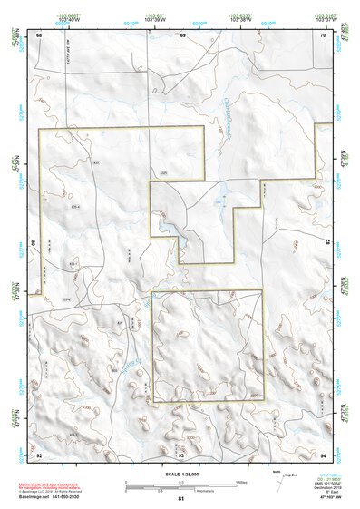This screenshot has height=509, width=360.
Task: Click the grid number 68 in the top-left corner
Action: (x=39, y=34)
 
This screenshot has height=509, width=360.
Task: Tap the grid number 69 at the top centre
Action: (x=182, y=34)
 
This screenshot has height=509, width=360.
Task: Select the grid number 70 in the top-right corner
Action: (x=324, y=34)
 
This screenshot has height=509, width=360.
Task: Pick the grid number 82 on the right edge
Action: (x=326, y=243)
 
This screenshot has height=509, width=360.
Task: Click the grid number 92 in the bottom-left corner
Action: (x=39, y=453)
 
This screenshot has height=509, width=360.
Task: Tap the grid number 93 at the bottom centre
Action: (x=181, y=453)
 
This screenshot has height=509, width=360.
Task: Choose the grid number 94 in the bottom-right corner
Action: (x=324, y=453)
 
